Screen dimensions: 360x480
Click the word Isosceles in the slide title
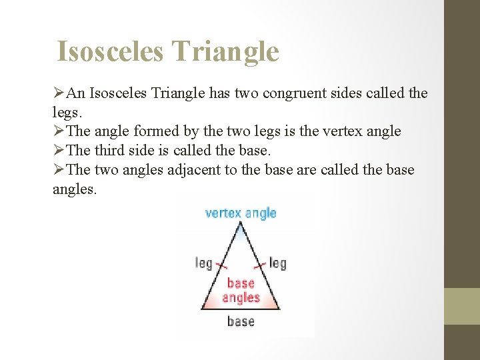109,51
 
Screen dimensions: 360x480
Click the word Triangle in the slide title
225,51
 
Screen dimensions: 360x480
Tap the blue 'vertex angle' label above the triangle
240,213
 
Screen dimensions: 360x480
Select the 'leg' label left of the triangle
203,263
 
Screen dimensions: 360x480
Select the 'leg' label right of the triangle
277,263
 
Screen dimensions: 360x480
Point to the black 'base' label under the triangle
241,321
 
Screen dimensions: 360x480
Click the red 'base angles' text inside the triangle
241,290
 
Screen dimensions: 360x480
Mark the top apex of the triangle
241,225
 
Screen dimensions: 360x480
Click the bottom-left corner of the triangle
201,308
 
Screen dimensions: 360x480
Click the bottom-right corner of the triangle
281,308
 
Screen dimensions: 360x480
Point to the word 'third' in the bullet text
115,150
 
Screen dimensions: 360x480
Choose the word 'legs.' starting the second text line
67,112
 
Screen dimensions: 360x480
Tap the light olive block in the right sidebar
462,306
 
